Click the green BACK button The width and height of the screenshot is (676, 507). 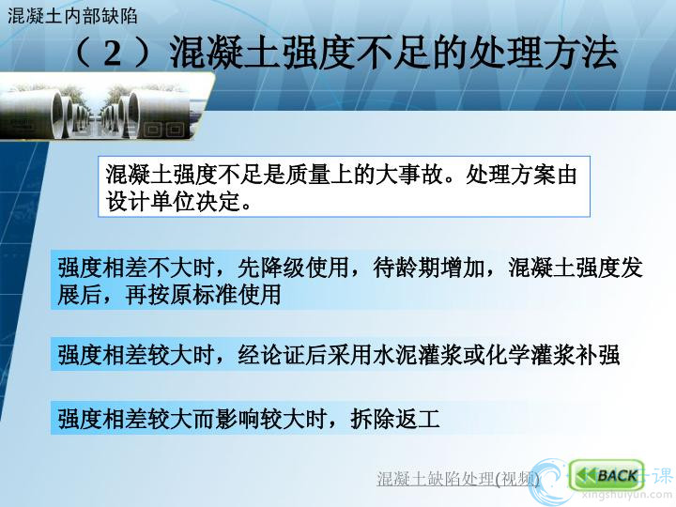pos(607,475)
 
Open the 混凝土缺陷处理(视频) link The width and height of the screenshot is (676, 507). pos(458,479)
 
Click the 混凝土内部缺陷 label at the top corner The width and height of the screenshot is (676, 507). pos(72,16)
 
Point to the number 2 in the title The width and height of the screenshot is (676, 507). pos(113,54)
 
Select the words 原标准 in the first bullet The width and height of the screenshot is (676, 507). pos(204,295)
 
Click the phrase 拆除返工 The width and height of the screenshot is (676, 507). pos(395,418)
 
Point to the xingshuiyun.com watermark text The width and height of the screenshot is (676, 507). pos(626,496)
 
